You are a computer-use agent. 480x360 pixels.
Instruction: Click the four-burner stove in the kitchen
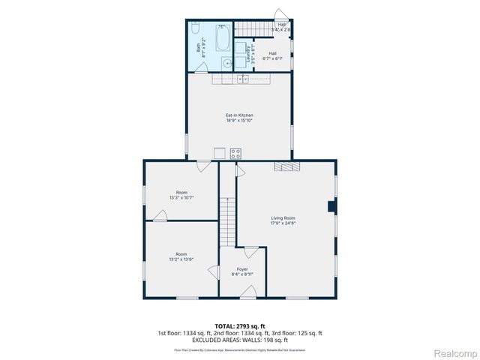[235, 153]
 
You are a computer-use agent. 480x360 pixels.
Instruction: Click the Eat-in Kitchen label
[239, 115]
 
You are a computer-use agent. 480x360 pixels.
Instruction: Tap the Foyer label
[242, 269]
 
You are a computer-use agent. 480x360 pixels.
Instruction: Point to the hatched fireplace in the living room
[286, 166]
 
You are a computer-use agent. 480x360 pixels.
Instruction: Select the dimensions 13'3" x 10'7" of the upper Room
[181, 198]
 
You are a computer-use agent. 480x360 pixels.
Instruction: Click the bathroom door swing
[200, 67]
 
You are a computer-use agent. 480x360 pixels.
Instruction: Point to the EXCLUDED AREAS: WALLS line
[239, 340]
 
